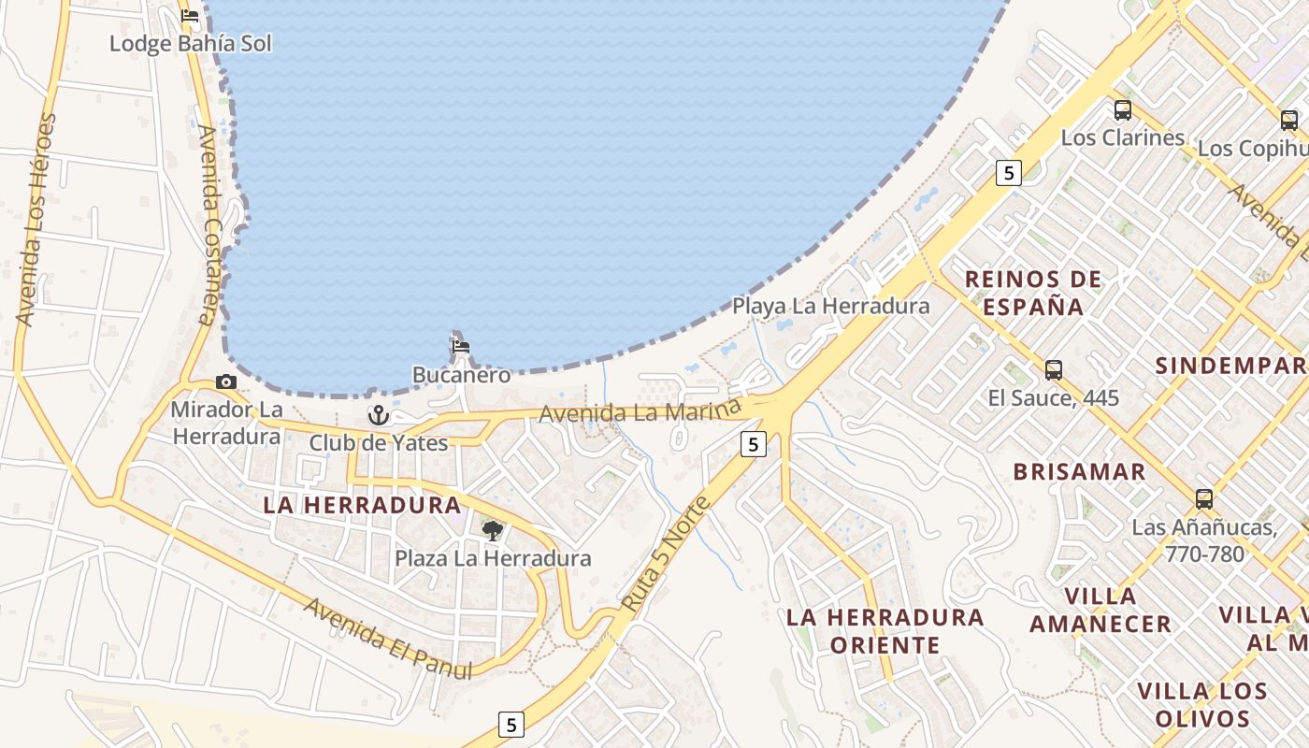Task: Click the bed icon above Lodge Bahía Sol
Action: pos(190,16)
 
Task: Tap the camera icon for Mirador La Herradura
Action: pos(225,381)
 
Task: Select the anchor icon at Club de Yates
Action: pos(378,414)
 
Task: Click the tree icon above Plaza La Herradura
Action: pos(492,531)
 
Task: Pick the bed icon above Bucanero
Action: pos(460,347)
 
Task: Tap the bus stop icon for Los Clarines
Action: pos(1122,110)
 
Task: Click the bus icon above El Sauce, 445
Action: pos(1054,369)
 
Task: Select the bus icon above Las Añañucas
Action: pos(1203,499)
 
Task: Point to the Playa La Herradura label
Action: pos(830,306)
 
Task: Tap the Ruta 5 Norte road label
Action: pos(666,554)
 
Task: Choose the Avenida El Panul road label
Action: pos(386,637)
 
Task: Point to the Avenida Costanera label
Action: pos(209,224)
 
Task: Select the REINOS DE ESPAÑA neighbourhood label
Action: pos(1033,292)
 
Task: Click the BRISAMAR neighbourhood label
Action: pos(1079,471)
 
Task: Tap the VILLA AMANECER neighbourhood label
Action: pos(1100,610)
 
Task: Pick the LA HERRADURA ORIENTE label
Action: pos(885,630)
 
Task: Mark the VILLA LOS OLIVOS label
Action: pos(1201,705)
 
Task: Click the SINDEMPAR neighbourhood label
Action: pos(1230,366)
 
